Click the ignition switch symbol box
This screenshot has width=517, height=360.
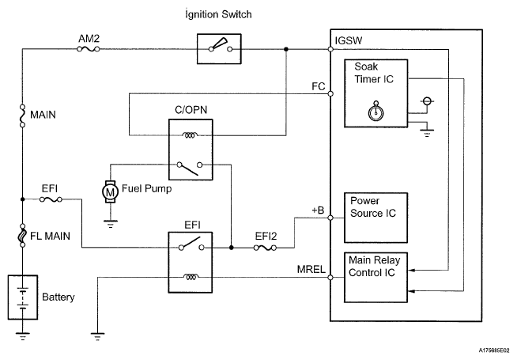coord(218,49)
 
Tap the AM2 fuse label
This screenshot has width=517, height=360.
coord(89,39)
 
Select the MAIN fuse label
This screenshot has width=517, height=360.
coord(43,114)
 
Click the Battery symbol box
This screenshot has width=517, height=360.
coord(24,297)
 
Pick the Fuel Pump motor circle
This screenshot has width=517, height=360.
coord(110,191)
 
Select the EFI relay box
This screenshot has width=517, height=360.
coord(189,261)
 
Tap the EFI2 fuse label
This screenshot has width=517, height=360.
coord(265,236)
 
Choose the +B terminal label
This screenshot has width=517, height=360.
coord(318,210)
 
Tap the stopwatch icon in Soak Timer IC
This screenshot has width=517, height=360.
coord(375,113)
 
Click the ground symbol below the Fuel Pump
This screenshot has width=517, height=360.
coord(110,223)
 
